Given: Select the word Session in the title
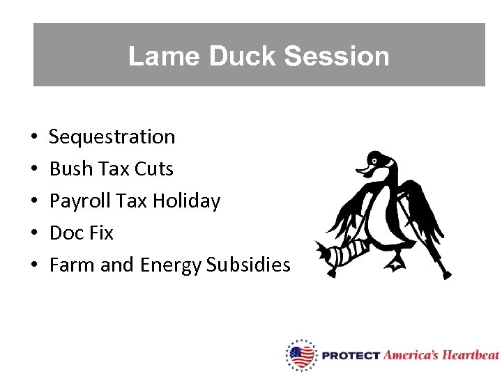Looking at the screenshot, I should [343, 56].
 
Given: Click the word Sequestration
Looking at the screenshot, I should [112, 136].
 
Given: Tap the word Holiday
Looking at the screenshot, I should [186, 201].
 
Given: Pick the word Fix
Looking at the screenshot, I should [101, 233].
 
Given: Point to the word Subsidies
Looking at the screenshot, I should [248, 265].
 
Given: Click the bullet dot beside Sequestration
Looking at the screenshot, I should [34, 137].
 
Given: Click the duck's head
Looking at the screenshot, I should [377, 163].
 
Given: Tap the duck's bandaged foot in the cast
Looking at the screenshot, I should [342, 251].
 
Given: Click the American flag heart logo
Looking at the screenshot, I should [301, 355].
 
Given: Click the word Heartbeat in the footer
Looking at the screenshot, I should [471, 355].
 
